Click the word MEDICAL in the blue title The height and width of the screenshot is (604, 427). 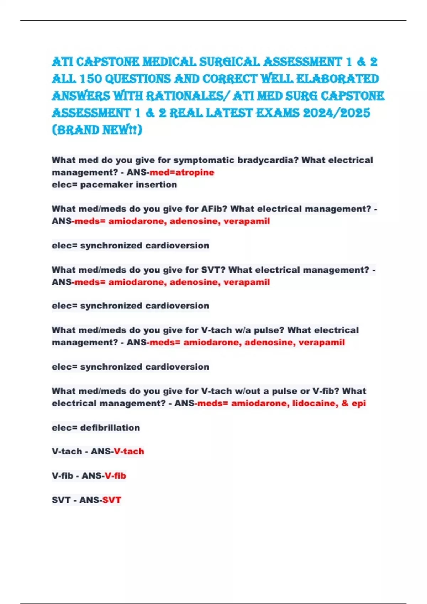pyautogui.click(x=169, y=62)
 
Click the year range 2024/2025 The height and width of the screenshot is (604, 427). pyautogui.click(x=336, y=113)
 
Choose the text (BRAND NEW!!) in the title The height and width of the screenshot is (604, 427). pyautogui.click(x=97, y=130)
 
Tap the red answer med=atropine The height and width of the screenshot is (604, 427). pyautogui.click(x=182, y=173)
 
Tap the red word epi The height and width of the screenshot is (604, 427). pyautogui.click(x=358, y=404)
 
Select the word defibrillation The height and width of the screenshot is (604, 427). pyautogui.click(x=110, y=428)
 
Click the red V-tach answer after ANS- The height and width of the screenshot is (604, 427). pyautogui.click(x=129, y=452)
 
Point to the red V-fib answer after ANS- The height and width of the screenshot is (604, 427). pyautogui.click(x=115, y=476)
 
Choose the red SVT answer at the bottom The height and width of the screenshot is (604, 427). pyautogui.click(x=112, y=500)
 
